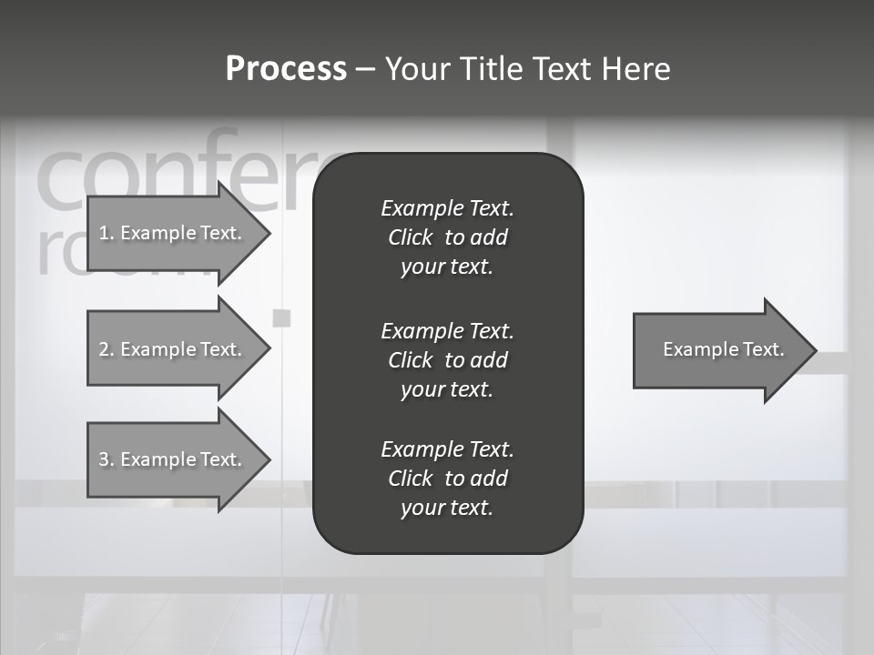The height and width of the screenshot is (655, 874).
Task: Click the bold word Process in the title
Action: click(x=286, y=69)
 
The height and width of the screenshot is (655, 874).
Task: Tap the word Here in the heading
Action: click(x=635, y=69)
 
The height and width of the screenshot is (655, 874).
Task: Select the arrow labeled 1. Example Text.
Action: click(x=171, y=233)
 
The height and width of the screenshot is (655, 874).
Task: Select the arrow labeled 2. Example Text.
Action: click(x=171, y=349)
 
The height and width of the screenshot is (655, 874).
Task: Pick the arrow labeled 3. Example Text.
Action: click(x=171, y=459)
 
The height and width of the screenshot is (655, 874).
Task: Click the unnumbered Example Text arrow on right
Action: click(x=723, y=349)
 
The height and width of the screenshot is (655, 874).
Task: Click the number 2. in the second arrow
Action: click(x=106, y=349)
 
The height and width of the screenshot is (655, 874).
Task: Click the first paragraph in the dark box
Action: click(x=447, y=237)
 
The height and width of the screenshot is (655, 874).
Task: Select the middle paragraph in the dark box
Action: click(x=447, y=359)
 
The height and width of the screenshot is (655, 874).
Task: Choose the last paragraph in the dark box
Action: click(x=447, y=479)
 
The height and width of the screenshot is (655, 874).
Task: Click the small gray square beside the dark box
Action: click(x=282, y=317)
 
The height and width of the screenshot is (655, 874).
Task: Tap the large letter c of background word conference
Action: click(x=63, y=176)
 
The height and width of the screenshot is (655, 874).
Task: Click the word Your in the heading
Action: click(x=418, y=69)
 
